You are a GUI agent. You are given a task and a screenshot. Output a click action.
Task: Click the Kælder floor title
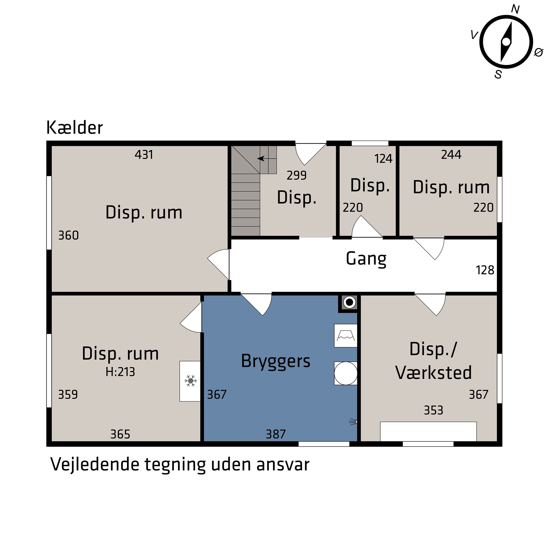click(74, 128)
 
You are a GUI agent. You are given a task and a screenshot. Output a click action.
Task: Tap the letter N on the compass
click(515, 10)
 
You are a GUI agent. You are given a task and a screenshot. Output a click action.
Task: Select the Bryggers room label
click(276, 361)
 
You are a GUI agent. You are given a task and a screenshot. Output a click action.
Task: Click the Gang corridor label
click(366, 259)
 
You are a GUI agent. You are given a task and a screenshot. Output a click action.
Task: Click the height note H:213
click(120, 372)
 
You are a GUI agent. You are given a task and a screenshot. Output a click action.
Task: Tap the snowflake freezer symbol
click(191, 381)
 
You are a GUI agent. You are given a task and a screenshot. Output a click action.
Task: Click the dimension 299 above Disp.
click(297, 176)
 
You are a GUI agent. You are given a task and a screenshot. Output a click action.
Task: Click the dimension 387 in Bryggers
click(276, 434)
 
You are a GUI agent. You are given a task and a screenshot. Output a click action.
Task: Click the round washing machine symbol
click(345, 373)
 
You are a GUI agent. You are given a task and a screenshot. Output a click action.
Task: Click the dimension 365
click(120, 434)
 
